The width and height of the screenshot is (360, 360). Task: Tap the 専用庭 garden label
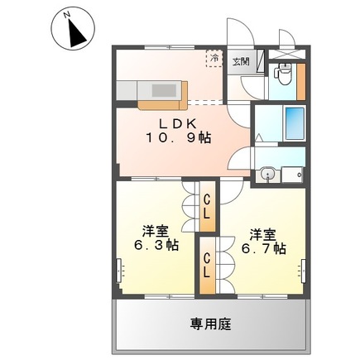tap(210, 322)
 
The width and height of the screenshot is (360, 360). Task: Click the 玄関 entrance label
tap(239, 60)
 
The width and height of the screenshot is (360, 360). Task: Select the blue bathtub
tap(294, 124)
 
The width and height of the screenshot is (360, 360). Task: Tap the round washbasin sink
tap(267, 174)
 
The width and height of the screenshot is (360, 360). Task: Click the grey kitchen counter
tap(151, 90)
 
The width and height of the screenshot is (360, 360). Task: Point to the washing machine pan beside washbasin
tap(292, 175)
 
